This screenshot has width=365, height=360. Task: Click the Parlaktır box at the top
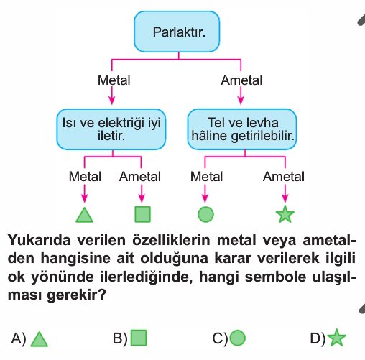pos(177,32)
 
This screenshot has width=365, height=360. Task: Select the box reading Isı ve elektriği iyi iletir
pos(111,129)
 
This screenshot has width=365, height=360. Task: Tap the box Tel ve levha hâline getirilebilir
pos(242,129)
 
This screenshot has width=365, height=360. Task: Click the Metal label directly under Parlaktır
pos(114,80)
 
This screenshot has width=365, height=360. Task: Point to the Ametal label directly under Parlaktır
pos(241,80)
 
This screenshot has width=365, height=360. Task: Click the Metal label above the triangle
pos(85,177)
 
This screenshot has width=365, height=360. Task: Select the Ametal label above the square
pos(140,177)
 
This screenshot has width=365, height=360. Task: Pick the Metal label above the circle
pos(206,177)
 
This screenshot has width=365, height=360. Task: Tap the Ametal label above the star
pos(284,177)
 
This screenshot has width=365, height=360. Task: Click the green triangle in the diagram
pos(84,215)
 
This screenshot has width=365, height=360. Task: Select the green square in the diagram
pos(143,214)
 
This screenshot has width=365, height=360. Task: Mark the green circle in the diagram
pos(205,214)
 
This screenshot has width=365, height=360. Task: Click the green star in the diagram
pos(285,214)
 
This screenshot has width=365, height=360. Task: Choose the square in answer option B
pos(139,338)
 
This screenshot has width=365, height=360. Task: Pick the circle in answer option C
pos(238,338)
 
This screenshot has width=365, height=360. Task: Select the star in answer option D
pos(336,338)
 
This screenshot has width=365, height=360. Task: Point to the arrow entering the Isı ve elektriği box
pos(112,96)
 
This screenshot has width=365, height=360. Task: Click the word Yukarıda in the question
pos(40,240)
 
